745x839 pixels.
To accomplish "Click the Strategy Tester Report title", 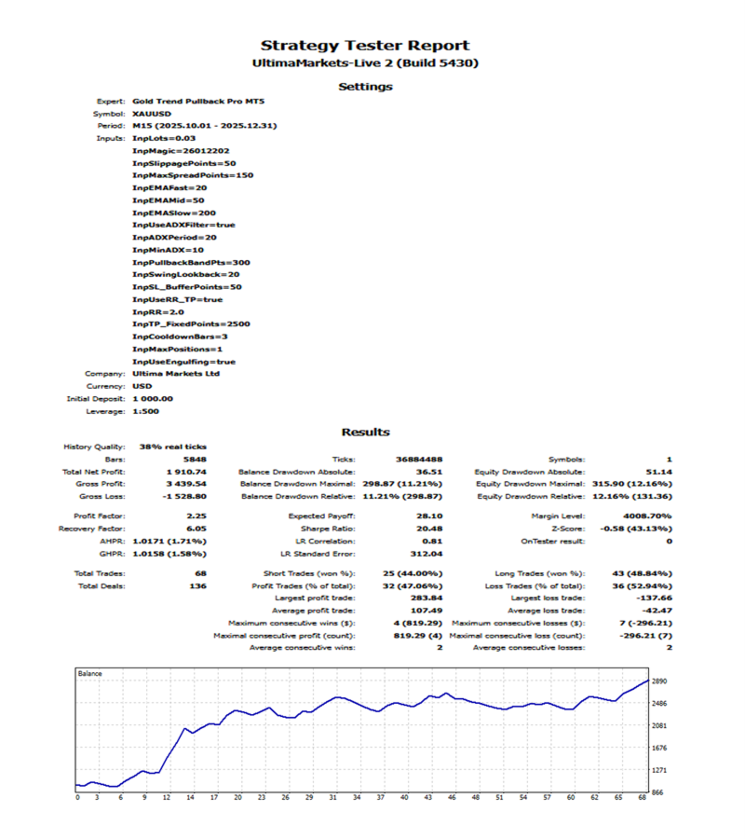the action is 365,46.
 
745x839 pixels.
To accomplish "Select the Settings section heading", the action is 366,87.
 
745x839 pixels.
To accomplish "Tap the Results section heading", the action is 366,432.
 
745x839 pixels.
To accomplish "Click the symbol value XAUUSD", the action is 152,114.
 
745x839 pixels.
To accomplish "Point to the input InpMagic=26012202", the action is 181,151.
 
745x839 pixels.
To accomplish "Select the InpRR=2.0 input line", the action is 158,312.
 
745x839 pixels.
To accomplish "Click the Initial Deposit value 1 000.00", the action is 153,399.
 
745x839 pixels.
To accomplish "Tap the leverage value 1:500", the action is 146,411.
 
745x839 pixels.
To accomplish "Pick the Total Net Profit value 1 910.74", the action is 186,472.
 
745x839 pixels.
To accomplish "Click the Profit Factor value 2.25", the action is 196,516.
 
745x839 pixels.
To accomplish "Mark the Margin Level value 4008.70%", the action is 647,516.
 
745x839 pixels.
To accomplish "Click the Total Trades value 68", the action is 201,573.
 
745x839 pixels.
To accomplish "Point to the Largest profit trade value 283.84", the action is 427,598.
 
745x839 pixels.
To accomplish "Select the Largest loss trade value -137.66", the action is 655,598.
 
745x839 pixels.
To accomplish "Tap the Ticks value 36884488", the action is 419,460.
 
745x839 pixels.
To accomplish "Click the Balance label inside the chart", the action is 89,674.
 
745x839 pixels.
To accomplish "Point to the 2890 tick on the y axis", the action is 659,681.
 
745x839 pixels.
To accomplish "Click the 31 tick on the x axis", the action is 333,797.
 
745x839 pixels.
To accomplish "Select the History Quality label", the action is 94,447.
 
